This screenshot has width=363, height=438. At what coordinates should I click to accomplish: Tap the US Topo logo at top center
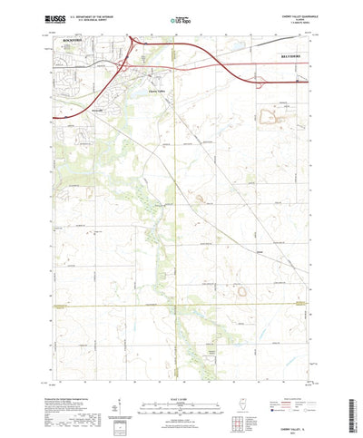click(181, 16)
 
